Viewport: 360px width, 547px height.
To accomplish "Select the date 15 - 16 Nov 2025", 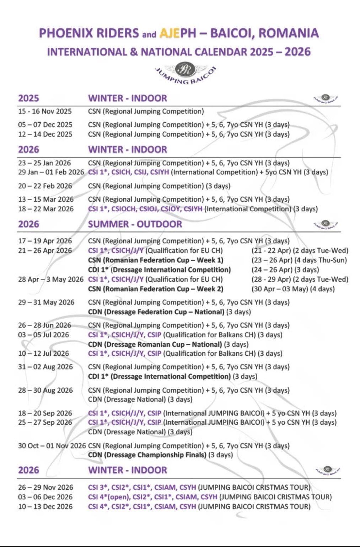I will point(45,111).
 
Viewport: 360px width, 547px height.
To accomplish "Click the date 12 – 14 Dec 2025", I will point(45,134).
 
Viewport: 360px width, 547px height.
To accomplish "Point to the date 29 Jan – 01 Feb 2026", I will point(51,172).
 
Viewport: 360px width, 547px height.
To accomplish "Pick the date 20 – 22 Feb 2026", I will point(45,186).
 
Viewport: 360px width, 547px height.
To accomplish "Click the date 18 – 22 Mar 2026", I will point(46,209).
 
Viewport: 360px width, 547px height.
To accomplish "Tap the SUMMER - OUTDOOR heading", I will point(135,224).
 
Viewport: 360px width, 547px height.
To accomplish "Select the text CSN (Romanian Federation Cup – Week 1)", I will point(156,260).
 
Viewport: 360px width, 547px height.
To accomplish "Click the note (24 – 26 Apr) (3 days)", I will point(285,270).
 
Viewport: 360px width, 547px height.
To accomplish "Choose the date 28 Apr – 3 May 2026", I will point(51,279).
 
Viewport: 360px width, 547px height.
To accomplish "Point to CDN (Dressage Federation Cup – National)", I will point(156,312).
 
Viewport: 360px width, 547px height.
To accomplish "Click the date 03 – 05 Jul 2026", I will point(44,335).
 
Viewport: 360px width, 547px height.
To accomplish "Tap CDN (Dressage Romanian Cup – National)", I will point(155,344).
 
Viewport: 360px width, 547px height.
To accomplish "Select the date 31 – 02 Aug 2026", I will point(45,367).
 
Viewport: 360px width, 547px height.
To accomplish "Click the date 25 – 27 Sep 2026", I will point(45,422).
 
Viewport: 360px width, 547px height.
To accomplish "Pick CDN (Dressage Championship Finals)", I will point(147,455).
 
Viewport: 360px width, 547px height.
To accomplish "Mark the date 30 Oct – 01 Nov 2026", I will point(52,446).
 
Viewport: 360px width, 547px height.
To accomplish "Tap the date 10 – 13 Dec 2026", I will point(45,506).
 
